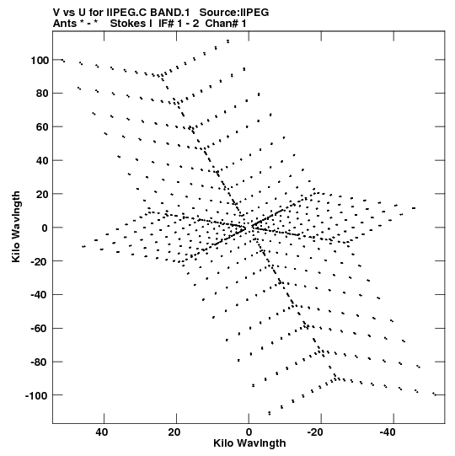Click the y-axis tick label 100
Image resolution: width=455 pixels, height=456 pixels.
(40, 60)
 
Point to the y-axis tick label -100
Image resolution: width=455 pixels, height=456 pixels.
(36, 395)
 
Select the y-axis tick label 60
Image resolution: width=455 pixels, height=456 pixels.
(42, 127)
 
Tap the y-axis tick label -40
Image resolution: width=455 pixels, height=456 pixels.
(39, 295)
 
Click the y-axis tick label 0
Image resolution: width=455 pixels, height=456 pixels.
(45, 228)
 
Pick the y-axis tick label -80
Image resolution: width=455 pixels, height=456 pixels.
(39, 362)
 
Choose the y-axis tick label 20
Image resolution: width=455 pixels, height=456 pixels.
(42, 194)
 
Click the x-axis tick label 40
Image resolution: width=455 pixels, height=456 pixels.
(102, 432)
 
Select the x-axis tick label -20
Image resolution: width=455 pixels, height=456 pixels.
(315, 432)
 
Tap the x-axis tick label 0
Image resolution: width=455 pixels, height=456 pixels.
(249, 432)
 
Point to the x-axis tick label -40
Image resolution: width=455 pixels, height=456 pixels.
(388, 432)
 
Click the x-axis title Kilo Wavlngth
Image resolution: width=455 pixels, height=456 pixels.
(249, 443)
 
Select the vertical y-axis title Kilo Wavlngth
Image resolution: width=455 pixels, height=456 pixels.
(16, 227)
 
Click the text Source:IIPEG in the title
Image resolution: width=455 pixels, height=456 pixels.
(234, 13)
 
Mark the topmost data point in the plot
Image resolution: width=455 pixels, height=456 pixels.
(228, 41)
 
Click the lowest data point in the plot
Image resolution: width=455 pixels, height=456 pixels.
(270, 413)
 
